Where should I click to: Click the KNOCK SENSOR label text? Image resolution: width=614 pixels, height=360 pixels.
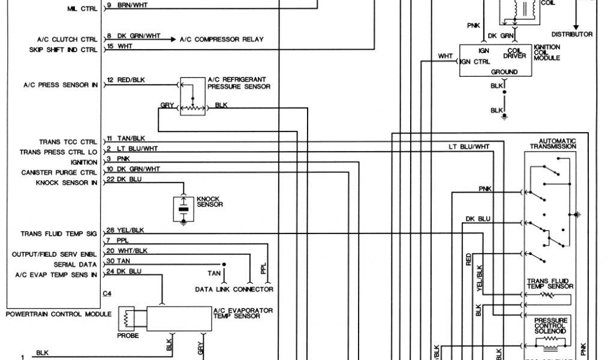point(210,202)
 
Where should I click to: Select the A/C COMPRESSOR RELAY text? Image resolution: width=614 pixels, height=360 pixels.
point(221,40)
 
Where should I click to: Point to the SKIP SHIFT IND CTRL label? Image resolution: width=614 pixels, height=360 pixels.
point(63,50)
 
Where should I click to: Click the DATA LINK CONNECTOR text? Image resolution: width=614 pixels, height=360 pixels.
point(234,289)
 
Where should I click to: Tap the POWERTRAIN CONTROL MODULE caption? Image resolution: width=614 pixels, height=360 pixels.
point(58,314)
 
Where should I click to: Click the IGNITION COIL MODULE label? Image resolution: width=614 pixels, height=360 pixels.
point(546,52)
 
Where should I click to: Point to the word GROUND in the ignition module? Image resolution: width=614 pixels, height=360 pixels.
point(504,72)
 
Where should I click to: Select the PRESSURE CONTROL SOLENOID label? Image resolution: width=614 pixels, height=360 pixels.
point(550,326)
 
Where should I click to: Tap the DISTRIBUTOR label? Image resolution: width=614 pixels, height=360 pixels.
point(572,34)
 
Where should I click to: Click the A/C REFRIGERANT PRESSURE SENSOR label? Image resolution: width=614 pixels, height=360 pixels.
point(239,83)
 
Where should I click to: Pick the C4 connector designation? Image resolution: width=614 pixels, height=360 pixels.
point(107,294)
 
